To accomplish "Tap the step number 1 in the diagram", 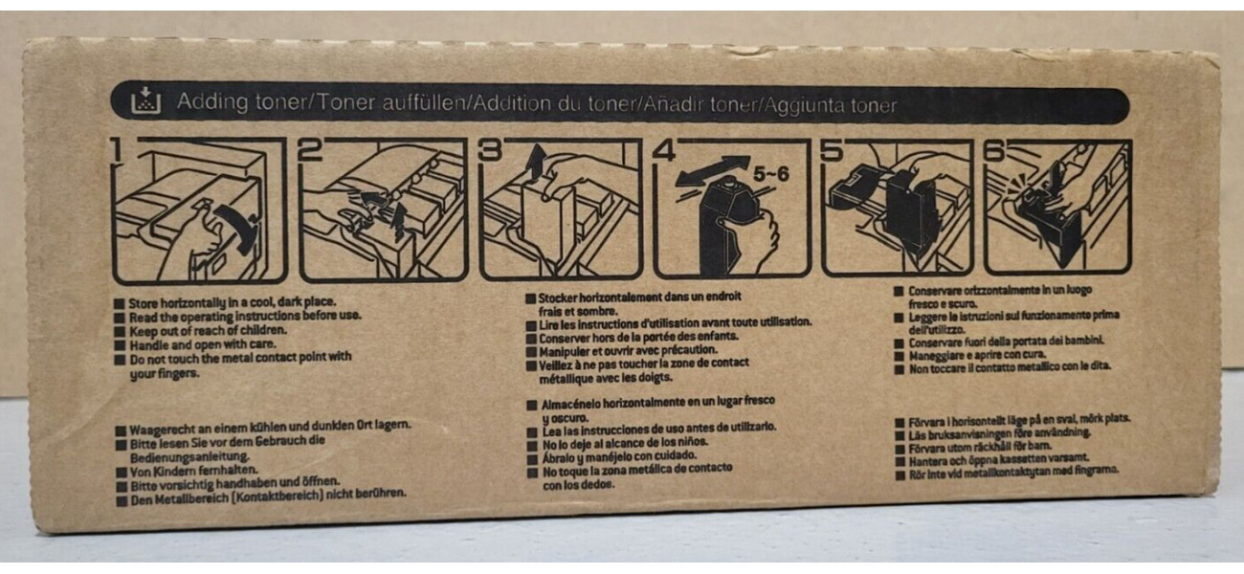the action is [x=117, y=150].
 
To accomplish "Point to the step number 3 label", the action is [x=491, y=150].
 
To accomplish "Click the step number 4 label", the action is [x=664, y=150].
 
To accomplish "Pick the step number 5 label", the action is [x=832, y=150].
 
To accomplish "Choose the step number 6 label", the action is [x=994, y=151].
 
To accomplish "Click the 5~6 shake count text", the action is [x=771, y=174].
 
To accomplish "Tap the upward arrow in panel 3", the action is [x=536, y=163].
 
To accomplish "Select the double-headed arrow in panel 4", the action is [x=713, y=171].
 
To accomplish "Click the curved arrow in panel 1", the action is [x=236, y=227].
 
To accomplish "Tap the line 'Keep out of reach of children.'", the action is [x=209, y=331].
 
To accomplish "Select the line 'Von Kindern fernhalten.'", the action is [x=194, y=472].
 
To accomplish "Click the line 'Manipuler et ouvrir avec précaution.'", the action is [x=628, y=351].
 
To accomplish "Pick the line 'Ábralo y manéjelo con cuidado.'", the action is [x=620, y=457].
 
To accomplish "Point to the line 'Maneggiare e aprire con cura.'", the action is [x=977, y=355].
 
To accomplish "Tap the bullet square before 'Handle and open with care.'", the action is [x=120, y=346].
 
